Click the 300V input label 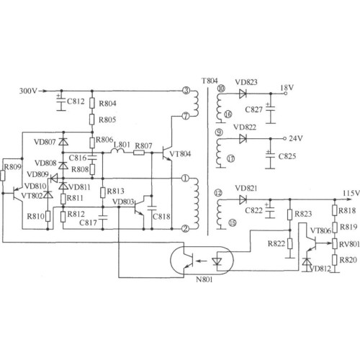coord(28,91)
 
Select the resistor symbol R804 coord(92,103)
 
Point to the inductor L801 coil coord(117,151)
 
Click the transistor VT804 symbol coord(168,153)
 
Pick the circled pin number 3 coord(186,91)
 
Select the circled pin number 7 coord(186,116)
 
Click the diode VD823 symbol coord(243,94)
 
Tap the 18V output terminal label coord(287,88)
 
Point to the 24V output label coord(296,138)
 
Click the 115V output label coord(351,193)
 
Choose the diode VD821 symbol coord(243,199)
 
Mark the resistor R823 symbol coord(289,215)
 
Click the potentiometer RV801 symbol coord(335,243)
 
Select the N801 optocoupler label coord(204,279)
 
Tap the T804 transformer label coord(210,81)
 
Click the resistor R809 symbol coord(3,176)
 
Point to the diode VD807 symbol coord(63,142)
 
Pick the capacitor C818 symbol coord(152,207)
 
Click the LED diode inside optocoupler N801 coord(217,261)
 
